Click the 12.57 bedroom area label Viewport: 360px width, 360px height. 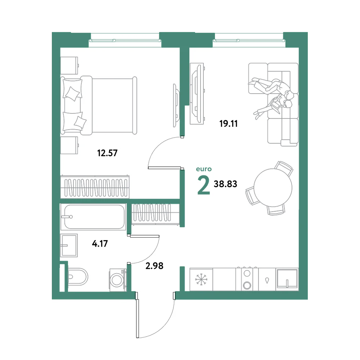click(107, 153)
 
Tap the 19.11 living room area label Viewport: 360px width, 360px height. click(229, 124)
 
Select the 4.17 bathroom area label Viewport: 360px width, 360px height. click(100, 243)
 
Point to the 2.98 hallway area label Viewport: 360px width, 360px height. click(154, 266)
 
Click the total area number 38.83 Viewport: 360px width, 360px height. click(225, 184)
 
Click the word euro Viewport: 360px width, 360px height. click(204, 169)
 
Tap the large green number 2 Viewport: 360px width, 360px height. click(204, 185)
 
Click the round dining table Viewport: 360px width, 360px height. click(273, 188)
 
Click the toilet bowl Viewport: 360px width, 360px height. click(78, 276)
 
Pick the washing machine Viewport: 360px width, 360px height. click(118, 280)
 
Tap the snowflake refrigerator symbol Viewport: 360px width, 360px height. click(201, 279)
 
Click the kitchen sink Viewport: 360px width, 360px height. click(287, 279)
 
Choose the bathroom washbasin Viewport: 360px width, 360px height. click(69, 246)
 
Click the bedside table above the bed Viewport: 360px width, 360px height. click(69, 66)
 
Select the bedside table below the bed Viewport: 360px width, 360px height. click(69, 145)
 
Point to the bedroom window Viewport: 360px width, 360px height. click(125, 41)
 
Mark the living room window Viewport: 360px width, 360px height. click(249, 41)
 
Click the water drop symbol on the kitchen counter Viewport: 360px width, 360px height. click(267, 280)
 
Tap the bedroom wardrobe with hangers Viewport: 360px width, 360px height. click(95, 187)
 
